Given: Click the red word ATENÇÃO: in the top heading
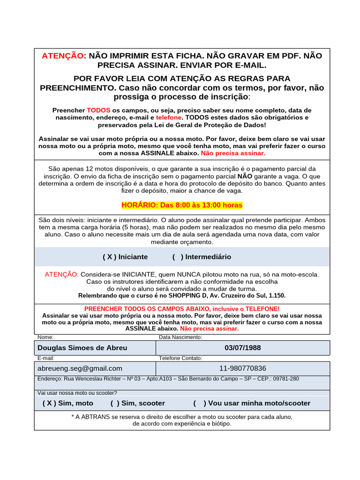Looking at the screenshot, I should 64,56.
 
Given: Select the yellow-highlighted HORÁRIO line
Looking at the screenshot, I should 182,205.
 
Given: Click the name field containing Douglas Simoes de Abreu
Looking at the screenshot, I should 95,348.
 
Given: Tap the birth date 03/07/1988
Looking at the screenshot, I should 243,348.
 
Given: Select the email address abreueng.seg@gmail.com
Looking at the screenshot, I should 80,368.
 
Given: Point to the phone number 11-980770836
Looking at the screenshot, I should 243,368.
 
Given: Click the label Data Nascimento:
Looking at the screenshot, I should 180,337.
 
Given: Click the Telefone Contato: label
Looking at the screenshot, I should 180,358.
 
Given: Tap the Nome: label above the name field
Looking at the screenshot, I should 45,337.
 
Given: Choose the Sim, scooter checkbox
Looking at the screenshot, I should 115,403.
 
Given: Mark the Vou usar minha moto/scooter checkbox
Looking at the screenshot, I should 199,403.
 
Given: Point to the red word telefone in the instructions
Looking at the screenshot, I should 169,118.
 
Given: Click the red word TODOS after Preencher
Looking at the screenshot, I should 98,110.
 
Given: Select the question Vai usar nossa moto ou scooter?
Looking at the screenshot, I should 77,393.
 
